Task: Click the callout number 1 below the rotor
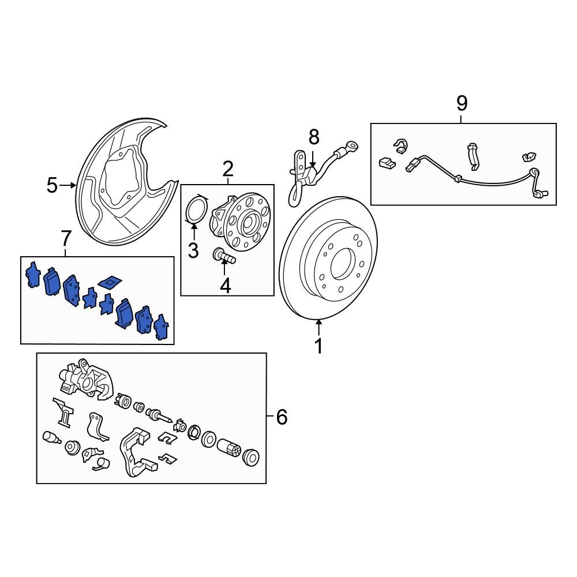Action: pyautogui.click(x=319, y=346)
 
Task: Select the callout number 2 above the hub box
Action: pyautogui.click(x=228, y=169)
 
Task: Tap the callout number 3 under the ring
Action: pyautogui.click(x=193, y=250)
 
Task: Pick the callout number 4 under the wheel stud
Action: pyautogui.click(x=225, y=286)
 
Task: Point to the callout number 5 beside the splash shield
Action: pyautogui.click(x=52, y=185)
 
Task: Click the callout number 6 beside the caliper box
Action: pyautogui.click(x=282, y=417)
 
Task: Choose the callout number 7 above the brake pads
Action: pyautogui.click(x=66, y=238)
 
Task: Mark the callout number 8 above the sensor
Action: pyautogui.click(x=313, y=137)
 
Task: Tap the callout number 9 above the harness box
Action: pyautogui.click(x=462, y=103)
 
